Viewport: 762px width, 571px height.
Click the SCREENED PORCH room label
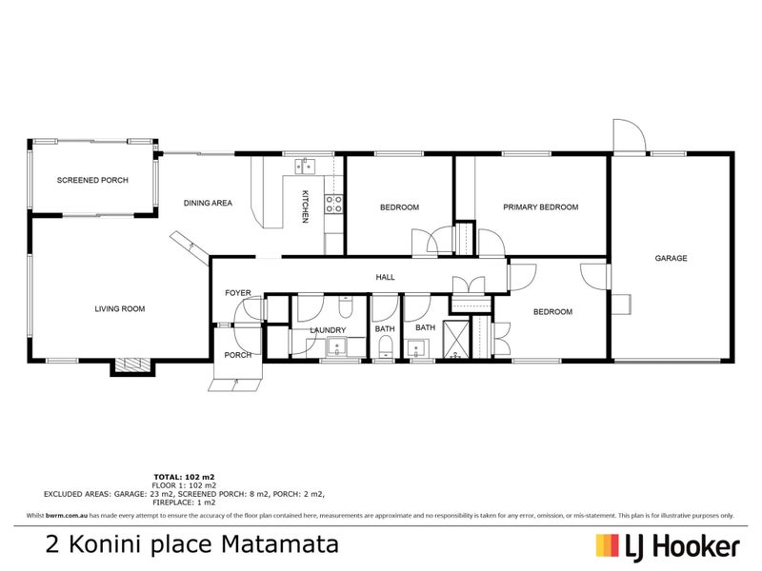coord(92,180)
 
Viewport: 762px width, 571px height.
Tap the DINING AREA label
coord(208,203)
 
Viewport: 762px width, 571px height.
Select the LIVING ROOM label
coord(119,308)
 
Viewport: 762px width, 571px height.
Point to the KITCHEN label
coord(305,207)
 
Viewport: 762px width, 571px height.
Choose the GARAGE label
coord(671,258)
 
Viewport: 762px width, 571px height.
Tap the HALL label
coord(386,277)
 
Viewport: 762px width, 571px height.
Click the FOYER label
coord(237,292)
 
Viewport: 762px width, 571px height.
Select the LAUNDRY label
coord(327,330)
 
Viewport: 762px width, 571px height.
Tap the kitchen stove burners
coord(333,203)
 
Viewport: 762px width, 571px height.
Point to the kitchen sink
coord(306,166)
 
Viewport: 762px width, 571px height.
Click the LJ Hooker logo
coord(668,545)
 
